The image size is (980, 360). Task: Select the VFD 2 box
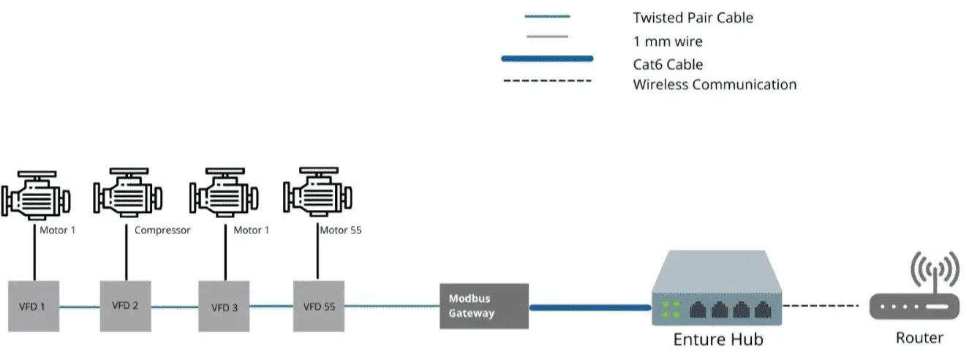pyautogui.click(x=126, y=304)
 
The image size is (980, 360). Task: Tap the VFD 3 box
pyautogui.click(x=224, y=307)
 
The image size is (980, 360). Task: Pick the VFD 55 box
pyautogui.click(x=319, y=306)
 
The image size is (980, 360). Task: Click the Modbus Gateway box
pyautogui.click(x=483, y=306)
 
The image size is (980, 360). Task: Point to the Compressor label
pyautogui.click(x=162, y=230)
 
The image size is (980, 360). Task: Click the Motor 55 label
pyautogui.click(x=340, y=230)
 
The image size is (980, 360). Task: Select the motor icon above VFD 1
pyautogui.click(x=36, y=196)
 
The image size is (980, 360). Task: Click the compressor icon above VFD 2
pyautogui.click(x=128, y=193)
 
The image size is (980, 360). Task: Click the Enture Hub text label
pyautogui.click(x=718, y=340)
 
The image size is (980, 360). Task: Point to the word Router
pyautogui.click(x=919, y=337)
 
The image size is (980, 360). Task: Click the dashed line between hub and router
pyautogui.click(x=820, y=305)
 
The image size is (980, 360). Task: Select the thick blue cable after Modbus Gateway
pyautogui.click(x=589, y=307)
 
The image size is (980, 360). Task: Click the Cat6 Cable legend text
pyautogui.click(x=668, y=64)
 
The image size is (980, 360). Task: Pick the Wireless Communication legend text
pyautogui.click(x=714, y=84)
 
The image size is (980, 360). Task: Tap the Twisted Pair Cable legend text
pyautogui.click(x=692, y=18)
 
